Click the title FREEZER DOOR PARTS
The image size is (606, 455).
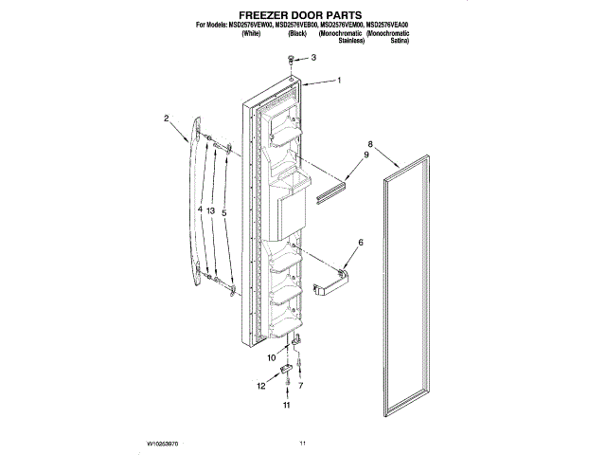[x=303, y=16]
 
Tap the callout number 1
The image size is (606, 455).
[x=338, y=82]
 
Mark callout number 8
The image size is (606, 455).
[x=371, y=145]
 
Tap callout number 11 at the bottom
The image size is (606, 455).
[x=286, y=405]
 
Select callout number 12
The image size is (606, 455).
[x=260, y=386]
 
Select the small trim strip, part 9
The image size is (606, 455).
[x=335, y=192]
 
